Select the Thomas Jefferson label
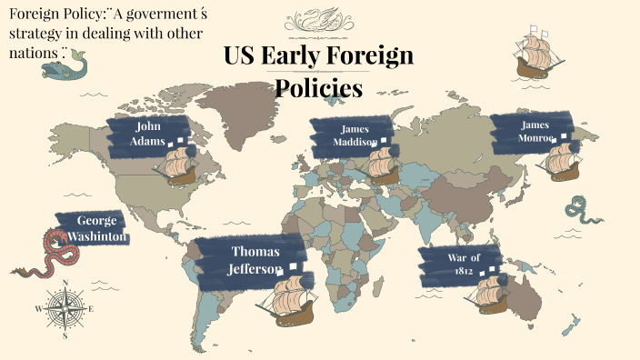[255, 260]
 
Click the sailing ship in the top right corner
[535, 55]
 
